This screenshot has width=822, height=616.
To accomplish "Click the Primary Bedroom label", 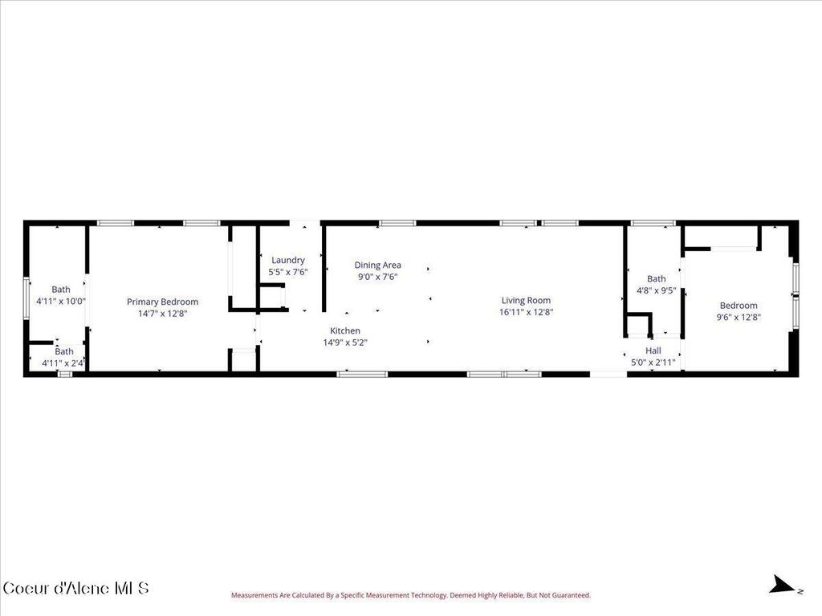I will [162, 302].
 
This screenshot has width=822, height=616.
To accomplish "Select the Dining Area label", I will [378, 265].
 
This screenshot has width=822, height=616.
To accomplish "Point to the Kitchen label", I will [345, 330].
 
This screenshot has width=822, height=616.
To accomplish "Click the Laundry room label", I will [287, 260].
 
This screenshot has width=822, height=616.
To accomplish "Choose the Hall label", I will [653, 351].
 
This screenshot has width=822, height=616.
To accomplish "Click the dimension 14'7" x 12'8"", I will [162, 314].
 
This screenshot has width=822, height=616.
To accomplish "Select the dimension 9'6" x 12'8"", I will [739, 317].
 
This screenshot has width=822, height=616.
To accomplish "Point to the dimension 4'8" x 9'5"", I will [657, 291].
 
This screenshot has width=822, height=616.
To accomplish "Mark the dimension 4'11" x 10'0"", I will [61, 302].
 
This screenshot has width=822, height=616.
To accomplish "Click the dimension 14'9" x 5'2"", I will [345, 342].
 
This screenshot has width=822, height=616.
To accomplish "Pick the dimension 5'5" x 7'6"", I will [287, 272].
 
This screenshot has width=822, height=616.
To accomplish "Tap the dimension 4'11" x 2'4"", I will [64, 363].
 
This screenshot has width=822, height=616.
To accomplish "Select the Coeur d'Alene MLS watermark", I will [76, 588].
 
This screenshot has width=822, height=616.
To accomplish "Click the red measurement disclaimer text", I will [411, 595].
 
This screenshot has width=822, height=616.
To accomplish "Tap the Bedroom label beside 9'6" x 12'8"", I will [739, 305].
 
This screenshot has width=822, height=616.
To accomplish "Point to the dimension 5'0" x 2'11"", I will [653, 363].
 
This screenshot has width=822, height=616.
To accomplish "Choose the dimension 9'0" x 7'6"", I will [378, 277].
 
